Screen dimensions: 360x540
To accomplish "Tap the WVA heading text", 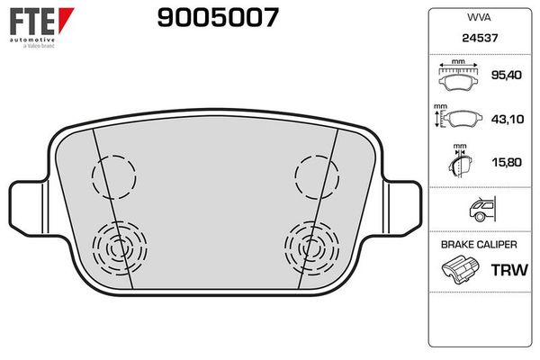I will pyautogui.click(x=477, y=17).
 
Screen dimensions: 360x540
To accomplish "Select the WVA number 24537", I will pyautogui.click(x=477, y=40).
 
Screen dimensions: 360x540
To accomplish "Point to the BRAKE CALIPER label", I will pyautogui.click(x=477, y=245).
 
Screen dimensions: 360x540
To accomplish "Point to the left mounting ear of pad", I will pyautogui.click(x=27, y=205).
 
